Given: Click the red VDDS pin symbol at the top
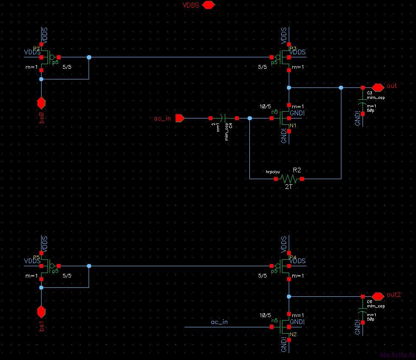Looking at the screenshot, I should (209, 5).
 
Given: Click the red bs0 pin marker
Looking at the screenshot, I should (41, 103).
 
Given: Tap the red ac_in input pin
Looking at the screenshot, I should (179, 118).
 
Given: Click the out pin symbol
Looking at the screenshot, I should (377, 86).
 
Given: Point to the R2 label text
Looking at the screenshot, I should (297, 170).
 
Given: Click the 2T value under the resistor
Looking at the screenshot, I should (288, 186).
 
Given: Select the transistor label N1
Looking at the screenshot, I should (293, 126).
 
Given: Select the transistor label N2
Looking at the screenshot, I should (293, 335).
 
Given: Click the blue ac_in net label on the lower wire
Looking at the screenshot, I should (219, 322).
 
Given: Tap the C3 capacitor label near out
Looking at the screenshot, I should (369, 93).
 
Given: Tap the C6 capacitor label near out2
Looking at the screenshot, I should (369, 301).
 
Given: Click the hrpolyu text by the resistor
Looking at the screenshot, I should (273, 172).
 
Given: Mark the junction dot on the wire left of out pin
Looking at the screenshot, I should (341, 88).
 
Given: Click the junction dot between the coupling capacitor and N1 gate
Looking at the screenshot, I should (249, 118).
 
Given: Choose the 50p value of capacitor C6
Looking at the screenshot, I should (370, 319).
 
